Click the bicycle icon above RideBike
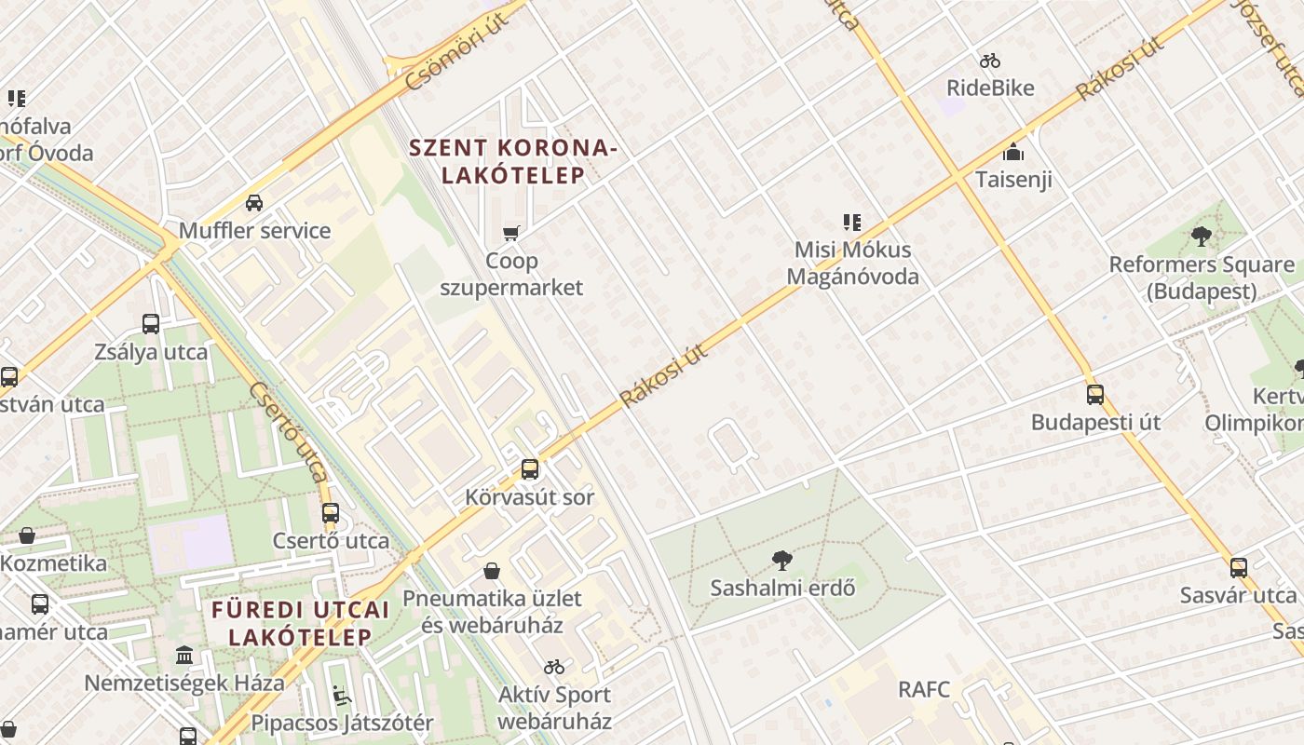[990, 61]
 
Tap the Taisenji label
[1013, 180]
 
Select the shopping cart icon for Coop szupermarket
[510, 233]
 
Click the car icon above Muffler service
[253, 202]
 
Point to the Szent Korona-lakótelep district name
[512, 161]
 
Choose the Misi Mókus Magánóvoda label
[852, 264]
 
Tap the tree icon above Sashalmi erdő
[782, 560]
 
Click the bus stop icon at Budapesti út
[1095, 394]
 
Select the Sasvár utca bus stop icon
[1238, 567]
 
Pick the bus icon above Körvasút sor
[530, 468]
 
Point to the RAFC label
[924, 690]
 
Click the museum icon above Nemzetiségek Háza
[184, 655]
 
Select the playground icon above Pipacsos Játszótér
[342, 695]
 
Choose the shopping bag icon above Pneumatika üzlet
[491, 571]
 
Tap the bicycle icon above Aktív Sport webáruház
[554, 667]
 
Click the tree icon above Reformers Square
[1201, 237]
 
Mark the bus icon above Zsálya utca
[151, 324]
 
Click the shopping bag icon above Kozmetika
[27, 535]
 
